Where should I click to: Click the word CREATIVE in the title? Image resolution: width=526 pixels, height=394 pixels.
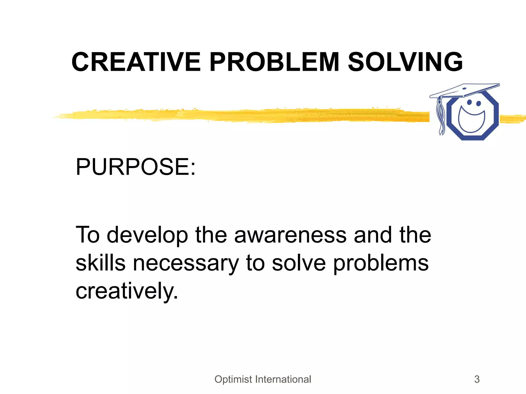(x=136, y=62)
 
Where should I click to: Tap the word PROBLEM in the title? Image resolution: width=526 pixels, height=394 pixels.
(x=274, y=62)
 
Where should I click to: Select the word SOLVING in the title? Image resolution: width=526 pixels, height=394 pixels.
(x=405, y=62)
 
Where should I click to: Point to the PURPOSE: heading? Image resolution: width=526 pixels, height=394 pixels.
(x=136, y=167)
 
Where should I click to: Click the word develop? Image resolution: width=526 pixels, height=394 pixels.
(x=147, y=235)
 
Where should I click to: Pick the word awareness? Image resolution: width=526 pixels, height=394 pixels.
(x=290, y=235)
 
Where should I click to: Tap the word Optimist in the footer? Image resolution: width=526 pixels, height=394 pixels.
(x=233, y=379)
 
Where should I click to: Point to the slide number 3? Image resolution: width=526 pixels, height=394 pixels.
(x=477, y=379)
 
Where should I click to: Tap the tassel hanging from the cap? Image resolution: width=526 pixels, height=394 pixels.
(x=441, y=115)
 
